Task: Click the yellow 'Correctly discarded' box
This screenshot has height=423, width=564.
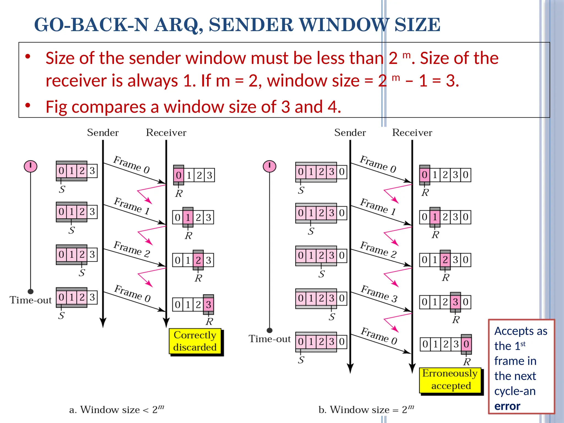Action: coord(195,341)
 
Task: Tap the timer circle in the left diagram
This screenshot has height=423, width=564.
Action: coord(31,166)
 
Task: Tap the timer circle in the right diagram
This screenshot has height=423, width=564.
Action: coord(269,166)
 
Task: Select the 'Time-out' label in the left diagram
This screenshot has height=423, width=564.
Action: coord(31,300)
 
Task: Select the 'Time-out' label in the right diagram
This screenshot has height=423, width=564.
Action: coord(270,339)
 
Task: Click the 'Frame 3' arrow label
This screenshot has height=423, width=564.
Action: coord(379,294)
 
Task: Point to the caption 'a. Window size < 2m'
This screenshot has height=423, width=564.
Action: coord(116,410)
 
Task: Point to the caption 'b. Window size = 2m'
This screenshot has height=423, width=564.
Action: coord(366,410)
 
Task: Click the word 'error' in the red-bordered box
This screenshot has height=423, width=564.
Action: coord(507,406)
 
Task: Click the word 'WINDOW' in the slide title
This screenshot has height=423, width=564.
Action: coord(344,25)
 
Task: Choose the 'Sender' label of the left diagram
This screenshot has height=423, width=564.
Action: coord(103,133)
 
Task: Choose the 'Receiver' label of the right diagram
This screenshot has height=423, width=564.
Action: coord(412,133)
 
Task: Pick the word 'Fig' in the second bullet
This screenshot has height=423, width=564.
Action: coord(56,107)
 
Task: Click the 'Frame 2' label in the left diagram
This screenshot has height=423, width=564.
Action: coord(132,249)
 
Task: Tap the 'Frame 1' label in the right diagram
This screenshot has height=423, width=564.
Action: coord(378,206)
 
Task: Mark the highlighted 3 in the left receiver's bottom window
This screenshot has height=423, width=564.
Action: coord(208,305)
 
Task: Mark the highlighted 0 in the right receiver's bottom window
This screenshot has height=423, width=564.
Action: coord(466,344)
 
